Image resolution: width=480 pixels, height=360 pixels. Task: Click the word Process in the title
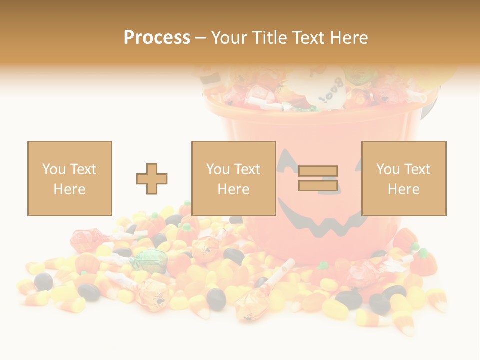pos(157,37)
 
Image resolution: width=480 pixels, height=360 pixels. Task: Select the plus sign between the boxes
pos(152,178)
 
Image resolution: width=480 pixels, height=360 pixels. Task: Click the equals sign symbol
pos(318,178)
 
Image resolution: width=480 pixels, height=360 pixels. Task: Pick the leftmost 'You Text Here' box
pos(69,178)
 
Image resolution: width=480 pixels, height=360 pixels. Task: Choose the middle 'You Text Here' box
pos(233,178)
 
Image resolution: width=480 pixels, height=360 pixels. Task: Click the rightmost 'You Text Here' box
pos(403,178)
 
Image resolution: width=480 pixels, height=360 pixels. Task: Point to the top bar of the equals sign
pos(318,171)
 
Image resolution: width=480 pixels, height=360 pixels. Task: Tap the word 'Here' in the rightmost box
pos(403,189)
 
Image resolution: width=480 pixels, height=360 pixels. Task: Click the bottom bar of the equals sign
pos(318,185)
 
